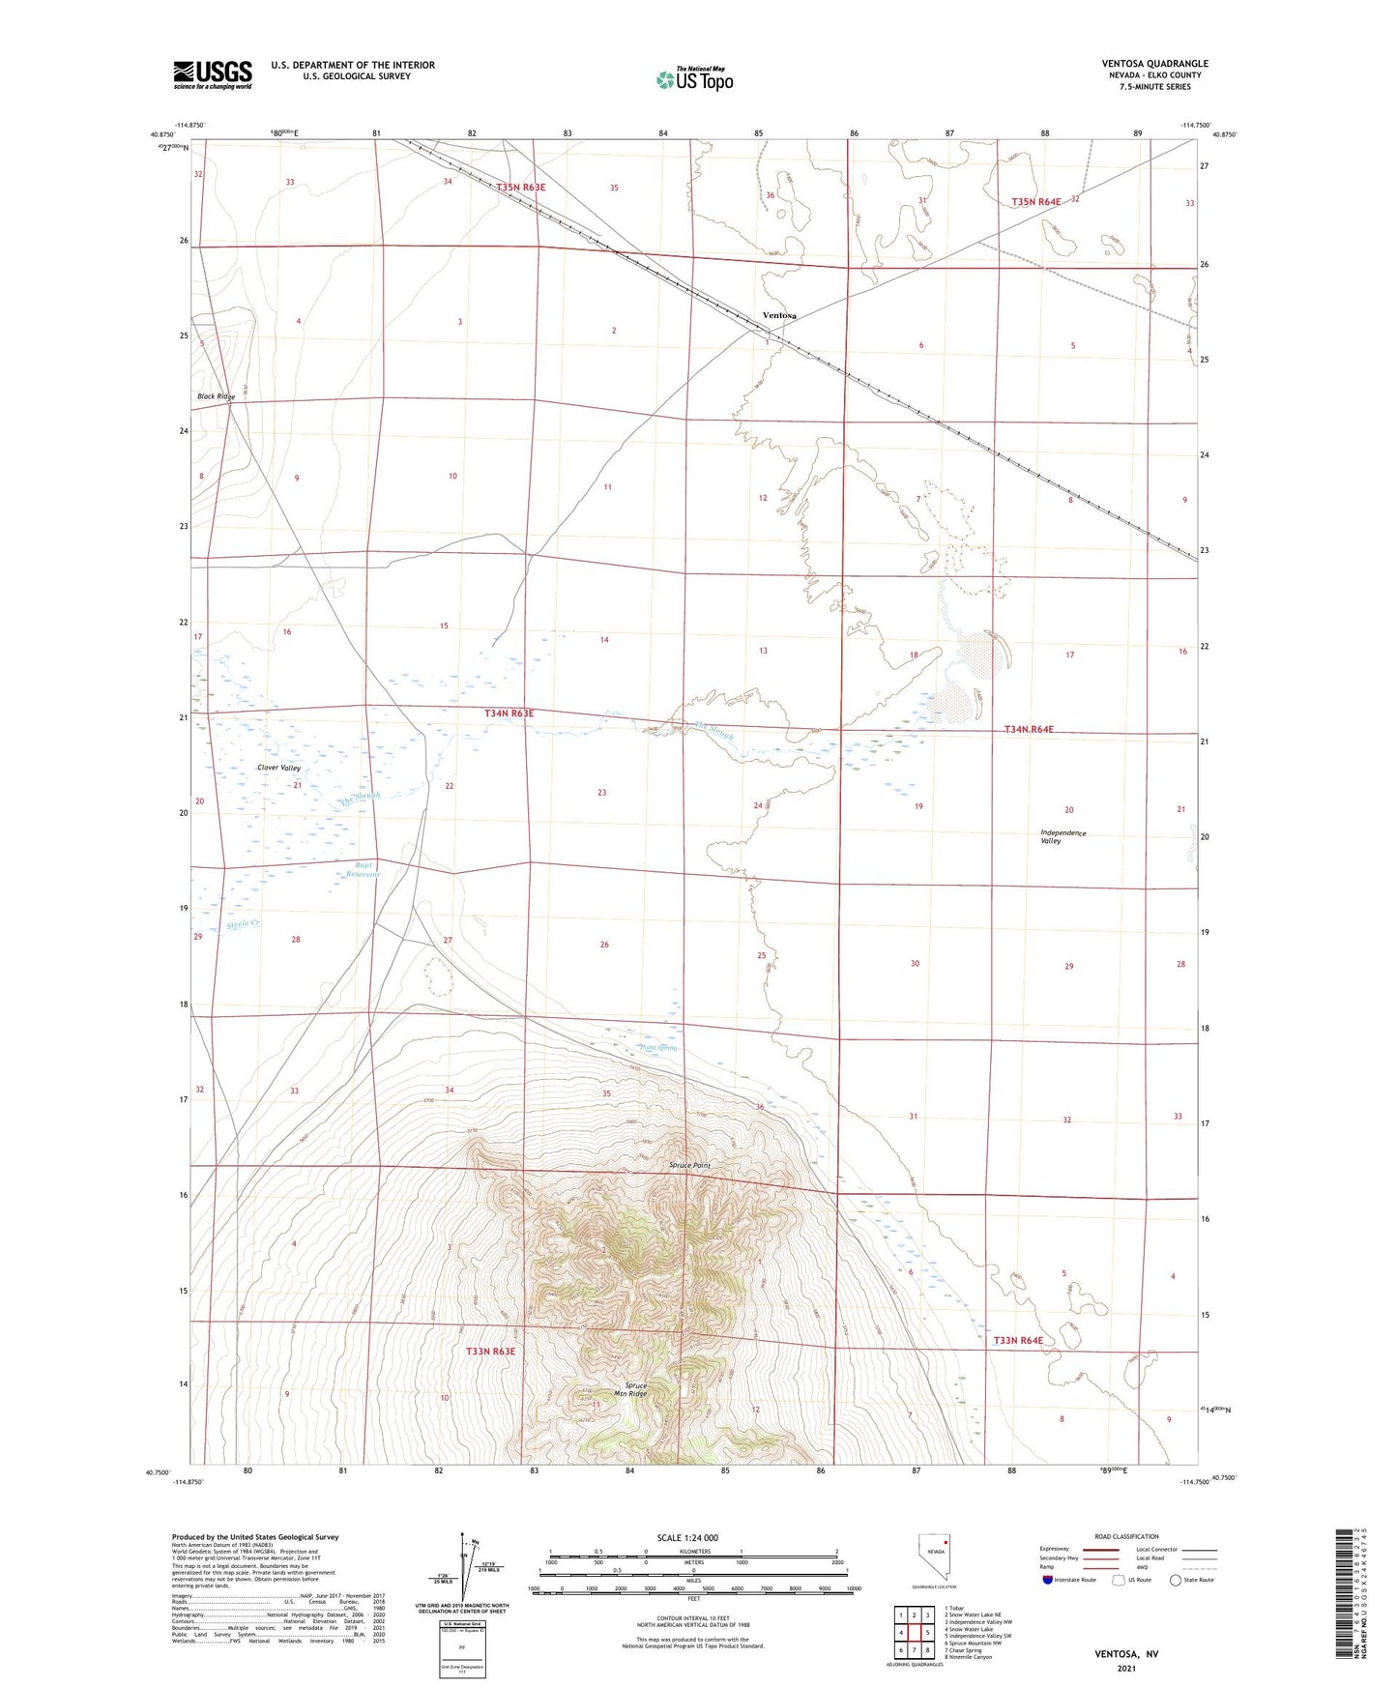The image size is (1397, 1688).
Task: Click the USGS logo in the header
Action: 213,74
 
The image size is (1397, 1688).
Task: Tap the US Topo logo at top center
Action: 694,79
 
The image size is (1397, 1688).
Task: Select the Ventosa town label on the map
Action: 779,316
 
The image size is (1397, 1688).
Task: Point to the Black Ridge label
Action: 216,397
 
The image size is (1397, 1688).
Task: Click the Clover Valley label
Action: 278,768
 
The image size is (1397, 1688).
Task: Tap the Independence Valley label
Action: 1062,837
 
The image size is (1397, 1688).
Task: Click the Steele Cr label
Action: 243,924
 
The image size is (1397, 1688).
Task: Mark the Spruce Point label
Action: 689,1166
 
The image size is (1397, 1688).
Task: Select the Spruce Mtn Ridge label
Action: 635,1389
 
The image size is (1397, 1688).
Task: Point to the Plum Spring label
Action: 658,1048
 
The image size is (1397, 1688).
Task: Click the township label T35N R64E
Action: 1035,202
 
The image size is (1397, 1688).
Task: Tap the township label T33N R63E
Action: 490,1351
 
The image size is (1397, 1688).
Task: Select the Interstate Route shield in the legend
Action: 1049,1580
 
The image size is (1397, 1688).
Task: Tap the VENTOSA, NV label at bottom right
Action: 1126,1654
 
